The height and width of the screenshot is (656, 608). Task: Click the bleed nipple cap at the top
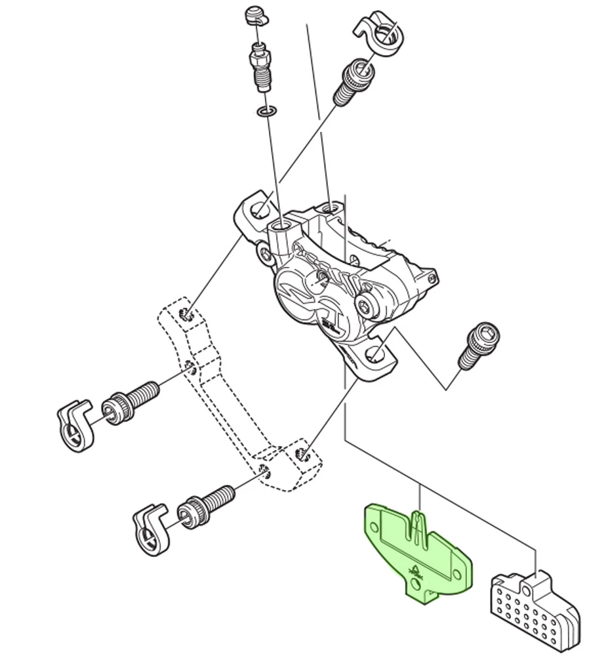tap(256, 15)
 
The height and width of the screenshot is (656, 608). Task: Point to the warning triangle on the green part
tap(415, 569)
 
